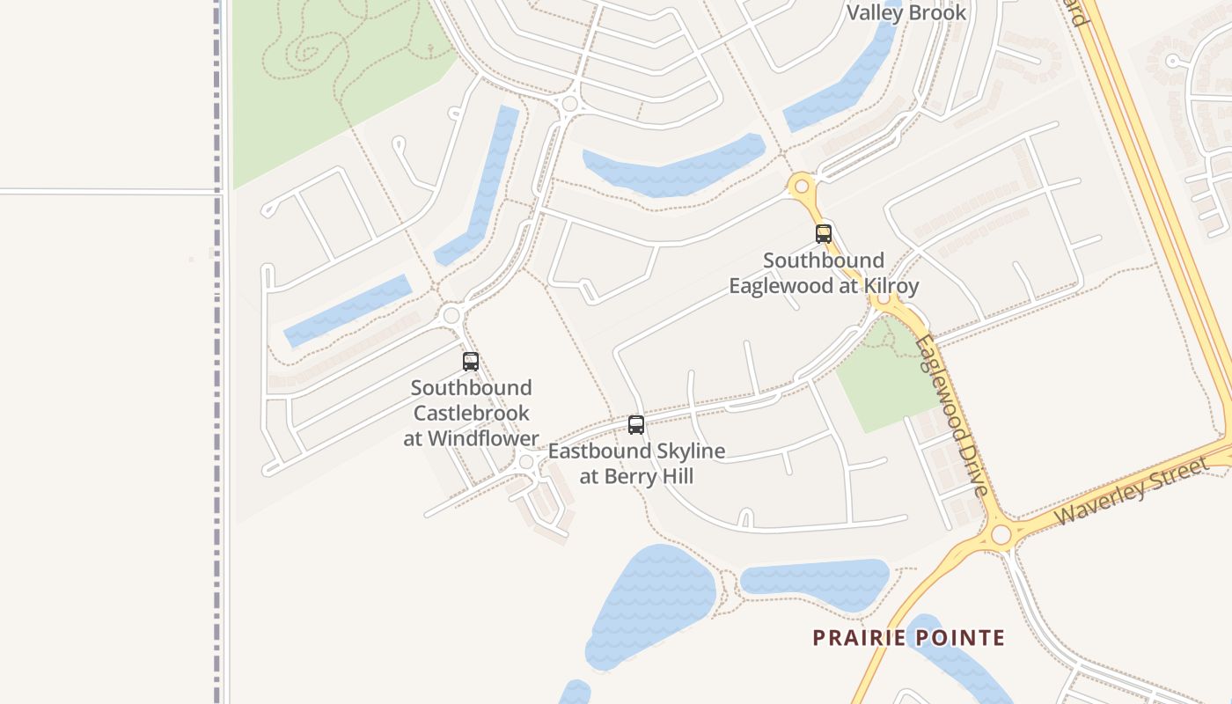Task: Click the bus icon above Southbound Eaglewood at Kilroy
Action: (824, 234)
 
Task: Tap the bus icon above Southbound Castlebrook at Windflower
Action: (471, 362)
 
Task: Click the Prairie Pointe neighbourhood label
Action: (908, 638)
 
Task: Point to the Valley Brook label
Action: (906, 12)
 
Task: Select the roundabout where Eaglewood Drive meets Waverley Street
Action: (1001, 535)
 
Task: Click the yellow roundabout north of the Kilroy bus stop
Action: (801, 187)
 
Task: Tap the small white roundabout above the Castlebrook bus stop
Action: (451, 315)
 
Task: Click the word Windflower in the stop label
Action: (483, 438)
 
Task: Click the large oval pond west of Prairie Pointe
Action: (651, 603)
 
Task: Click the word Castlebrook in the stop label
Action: (472, 413)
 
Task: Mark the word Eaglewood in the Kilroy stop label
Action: (780, 286)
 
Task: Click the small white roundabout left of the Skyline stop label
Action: (526, 462)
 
